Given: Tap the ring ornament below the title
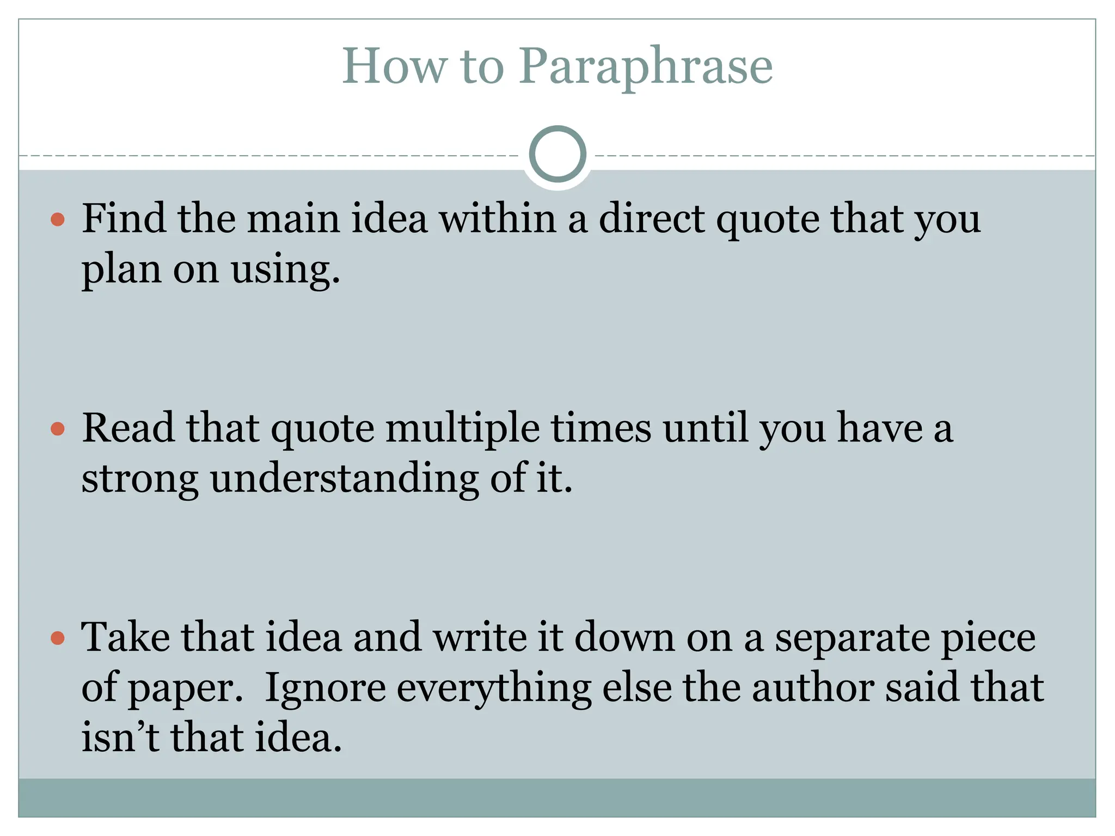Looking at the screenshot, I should click(x=557, y=154).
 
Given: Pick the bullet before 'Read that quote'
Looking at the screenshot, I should click(x=58, y=429).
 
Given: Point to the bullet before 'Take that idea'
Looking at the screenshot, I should click(x=58, y=638).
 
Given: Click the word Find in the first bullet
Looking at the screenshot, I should click(x=124, y=218).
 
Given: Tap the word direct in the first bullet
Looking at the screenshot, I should click(x=651, y=218).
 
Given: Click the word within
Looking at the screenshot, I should click(x=498, y=218).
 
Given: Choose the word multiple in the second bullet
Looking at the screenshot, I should click(x=463, y=428).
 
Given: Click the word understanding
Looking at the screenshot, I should click(x=345, y=479).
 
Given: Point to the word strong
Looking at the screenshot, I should click(x=139, y=479).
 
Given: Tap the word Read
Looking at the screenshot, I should click(x=129, y=428).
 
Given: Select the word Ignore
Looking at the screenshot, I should click(x=325, y=688).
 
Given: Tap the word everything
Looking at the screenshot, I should click(x=494, y=689).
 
